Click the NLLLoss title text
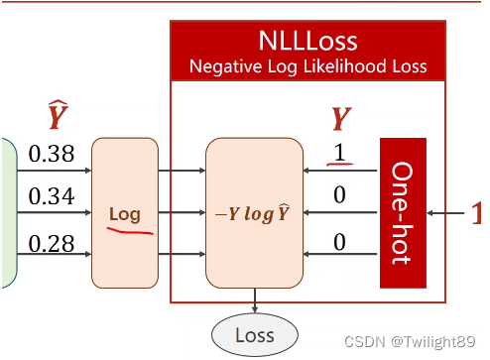(x=307, y=41)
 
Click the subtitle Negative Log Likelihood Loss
(x=307, y=66)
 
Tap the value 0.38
(x=52, y=154)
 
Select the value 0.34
(x=52, y=196)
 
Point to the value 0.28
(x=52, y=244)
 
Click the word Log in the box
(x=125, y=215)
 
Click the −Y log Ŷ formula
(x=253, y=214)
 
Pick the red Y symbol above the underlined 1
(x=341, y=119)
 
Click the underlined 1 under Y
(x=339, y=153)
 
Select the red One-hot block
(x=403, y=213)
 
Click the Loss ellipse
(x=255, y=335)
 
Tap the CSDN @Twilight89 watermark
(x=410, y=341)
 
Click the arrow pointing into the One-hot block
(x=445, y=213)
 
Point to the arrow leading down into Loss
(x=255, y=300)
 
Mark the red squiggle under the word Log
(x=130, y=231)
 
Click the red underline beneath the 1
(x=340, y=164)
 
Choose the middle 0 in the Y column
(x=339, y=194)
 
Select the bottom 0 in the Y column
(x=339, y=242)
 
